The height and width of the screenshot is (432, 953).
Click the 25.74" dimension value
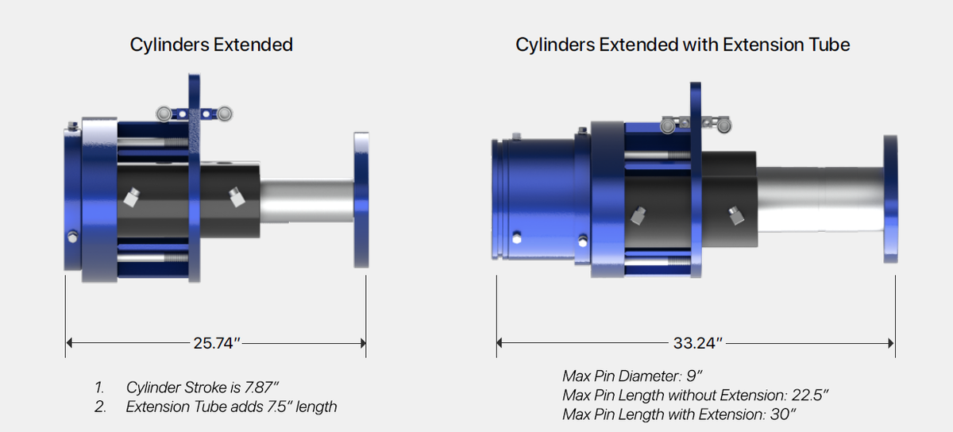tap(216, 343)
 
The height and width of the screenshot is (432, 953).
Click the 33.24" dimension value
tap(697, 343)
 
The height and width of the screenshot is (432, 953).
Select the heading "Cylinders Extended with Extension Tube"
tap(682, 44)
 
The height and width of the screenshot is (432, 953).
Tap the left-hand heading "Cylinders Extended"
tap(211, 44)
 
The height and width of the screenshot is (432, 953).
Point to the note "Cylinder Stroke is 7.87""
tap(203, 388)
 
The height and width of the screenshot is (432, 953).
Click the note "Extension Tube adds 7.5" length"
tap(231, 407)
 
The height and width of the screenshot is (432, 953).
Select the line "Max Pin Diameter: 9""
tap(632, 375)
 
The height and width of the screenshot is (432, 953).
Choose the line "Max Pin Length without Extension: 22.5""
tap(695, 395)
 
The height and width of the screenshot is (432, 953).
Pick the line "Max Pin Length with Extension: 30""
tap(679, 414)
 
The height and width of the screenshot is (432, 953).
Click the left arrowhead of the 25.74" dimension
tap(70, 343)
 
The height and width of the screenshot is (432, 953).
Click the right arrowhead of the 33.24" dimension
tap(890, 343)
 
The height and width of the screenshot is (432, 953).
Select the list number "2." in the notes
tap(100, 407)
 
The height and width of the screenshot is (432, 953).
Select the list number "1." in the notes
tap(100, 388)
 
